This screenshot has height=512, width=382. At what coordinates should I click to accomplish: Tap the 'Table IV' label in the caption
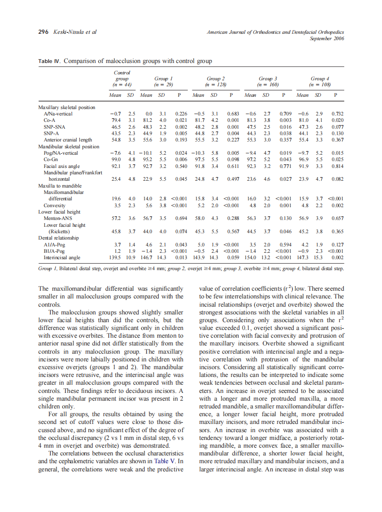coord(49,61)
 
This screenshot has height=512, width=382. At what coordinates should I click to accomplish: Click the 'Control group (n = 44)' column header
coord(122,78)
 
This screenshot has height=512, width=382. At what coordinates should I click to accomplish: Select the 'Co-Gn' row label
coord(51,160)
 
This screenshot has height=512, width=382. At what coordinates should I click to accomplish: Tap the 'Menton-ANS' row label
coord(57,219)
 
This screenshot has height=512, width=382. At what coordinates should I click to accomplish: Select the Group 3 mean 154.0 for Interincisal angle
coord(250,258)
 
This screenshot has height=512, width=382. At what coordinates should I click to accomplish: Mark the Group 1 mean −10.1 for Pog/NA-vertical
coord(145,153)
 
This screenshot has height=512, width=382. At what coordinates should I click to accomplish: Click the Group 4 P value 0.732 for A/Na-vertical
coord(336,114)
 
